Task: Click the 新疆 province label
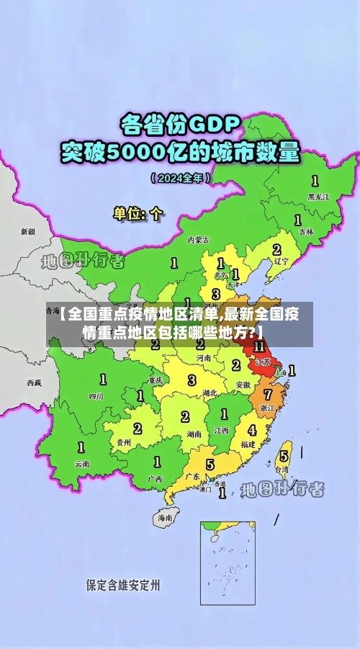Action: tap(27, 232)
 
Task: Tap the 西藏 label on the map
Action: tap(35, 382)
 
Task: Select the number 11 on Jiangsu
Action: tap(259, 346)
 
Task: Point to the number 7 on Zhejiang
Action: tap(268, 395)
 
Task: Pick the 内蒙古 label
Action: tap(198, 239)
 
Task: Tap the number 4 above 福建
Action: tap(252, 430)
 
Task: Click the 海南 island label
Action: tap(166, 517)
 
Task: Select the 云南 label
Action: tap(82, 464)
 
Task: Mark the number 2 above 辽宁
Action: tap(276, 249)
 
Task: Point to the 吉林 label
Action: tap(307, 232)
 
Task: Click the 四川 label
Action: tap(96, 395)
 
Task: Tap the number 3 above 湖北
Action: tap(192, 380)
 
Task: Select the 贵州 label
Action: tap(123, 442)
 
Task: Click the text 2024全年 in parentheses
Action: tap(181, 177)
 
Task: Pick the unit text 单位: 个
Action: tap(138, 213)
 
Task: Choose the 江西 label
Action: tap(221, 430)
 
